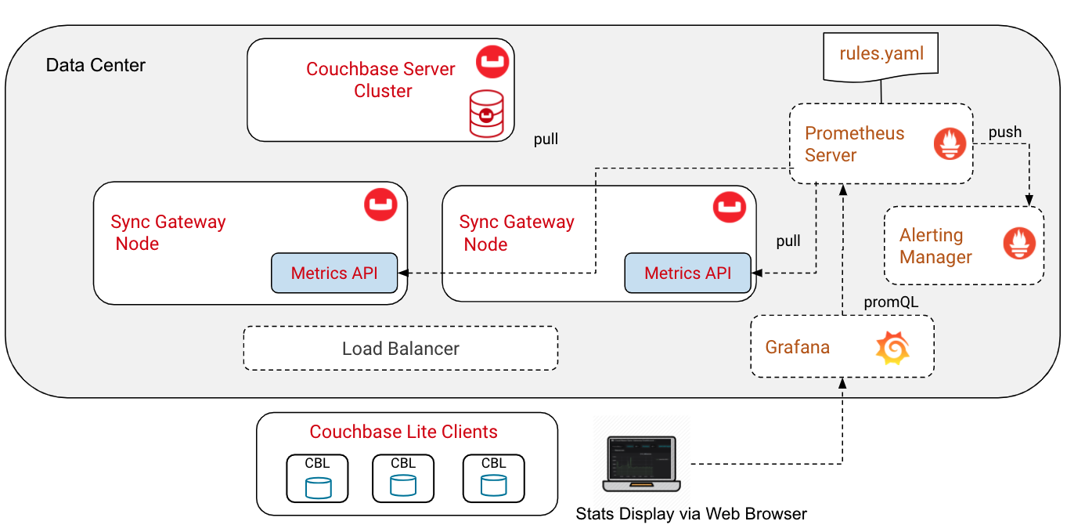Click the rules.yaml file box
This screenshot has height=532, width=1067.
881,55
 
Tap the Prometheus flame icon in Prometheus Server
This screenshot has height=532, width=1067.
950,144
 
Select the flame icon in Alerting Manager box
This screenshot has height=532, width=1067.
1019,244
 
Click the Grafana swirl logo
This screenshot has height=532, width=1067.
892,348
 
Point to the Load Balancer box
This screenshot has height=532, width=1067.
401,349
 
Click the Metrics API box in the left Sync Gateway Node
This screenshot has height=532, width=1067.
334,273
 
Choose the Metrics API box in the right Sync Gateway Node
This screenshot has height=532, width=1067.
687,273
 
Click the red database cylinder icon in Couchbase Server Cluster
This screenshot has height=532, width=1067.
486,114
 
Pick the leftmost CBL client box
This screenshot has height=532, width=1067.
317,478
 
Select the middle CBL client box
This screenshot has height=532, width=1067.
403,478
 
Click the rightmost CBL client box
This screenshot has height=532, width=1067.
493,478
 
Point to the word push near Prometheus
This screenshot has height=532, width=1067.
1004,132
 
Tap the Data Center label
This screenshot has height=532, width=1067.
96,65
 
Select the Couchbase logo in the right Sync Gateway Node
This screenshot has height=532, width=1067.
730,207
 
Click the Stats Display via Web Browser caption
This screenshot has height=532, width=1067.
690,514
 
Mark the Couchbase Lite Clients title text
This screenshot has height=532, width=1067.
403,432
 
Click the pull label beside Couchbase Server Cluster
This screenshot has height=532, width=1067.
546,139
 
